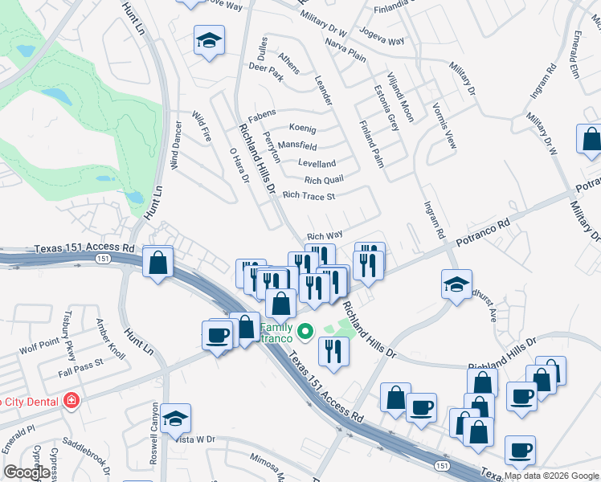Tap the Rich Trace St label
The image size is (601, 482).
point(309,195)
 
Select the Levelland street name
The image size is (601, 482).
point(317,163)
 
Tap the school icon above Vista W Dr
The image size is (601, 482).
point(175,418)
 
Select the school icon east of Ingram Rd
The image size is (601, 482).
point(456,284)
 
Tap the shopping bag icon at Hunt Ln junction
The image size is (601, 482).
point(158,262)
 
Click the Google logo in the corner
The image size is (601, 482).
point(27,472)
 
